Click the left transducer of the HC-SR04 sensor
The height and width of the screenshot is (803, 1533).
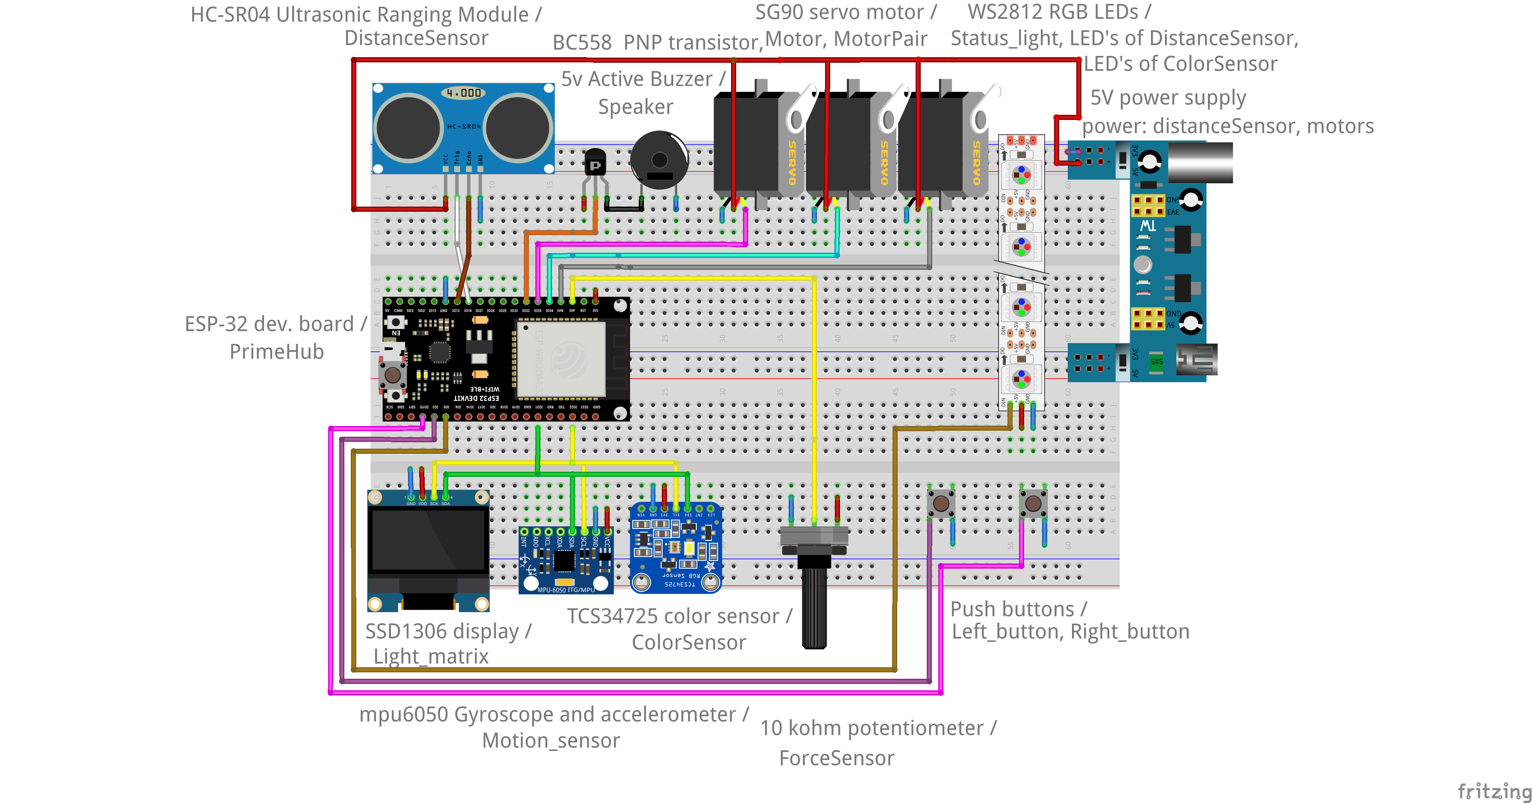tap(408, 128)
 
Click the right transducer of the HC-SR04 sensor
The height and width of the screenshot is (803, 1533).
tap(518, 128)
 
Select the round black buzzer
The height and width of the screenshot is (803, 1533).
tap(659, 159)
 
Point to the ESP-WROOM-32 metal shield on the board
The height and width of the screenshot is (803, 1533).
tap(561, 359)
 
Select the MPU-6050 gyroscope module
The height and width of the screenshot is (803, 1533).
tap(565, 559)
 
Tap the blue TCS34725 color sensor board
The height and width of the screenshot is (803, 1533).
tap(676, 548)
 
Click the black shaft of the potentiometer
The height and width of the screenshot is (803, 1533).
tap(813, 607)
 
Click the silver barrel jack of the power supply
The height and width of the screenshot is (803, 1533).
tap(1200, 162)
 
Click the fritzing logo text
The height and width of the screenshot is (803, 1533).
tap(1494, 791)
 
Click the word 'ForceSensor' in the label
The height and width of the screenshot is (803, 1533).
tap(836, 758)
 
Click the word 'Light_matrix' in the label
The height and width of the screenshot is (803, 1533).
tap(431, 656)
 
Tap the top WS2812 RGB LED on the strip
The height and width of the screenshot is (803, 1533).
tap(1021, 174)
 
